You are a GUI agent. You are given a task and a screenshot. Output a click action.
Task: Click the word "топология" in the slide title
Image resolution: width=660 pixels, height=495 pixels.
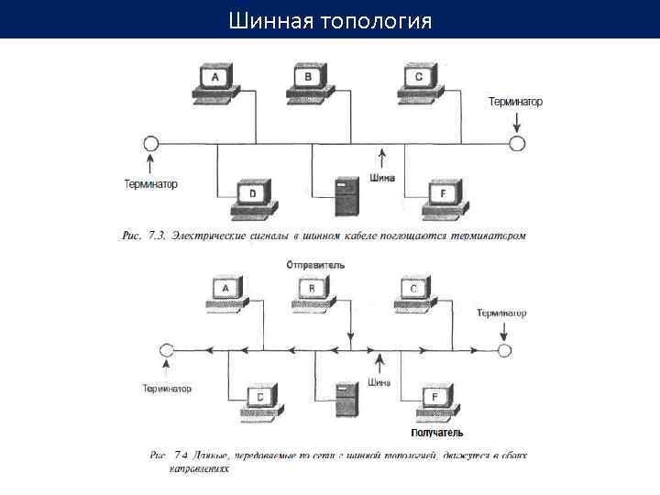click(x=376, y=19)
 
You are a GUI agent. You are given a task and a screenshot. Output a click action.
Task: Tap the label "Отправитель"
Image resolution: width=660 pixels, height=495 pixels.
click(x=316, y=264)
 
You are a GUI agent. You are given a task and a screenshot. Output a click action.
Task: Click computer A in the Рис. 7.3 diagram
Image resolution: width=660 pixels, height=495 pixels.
click(x=216, y=82)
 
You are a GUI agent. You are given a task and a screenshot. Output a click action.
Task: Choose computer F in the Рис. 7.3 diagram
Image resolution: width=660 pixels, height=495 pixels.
click(x=445, y=198)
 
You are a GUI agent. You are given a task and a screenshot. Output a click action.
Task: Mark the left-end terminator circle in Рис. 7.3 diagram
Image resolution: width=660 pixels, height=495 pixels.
click(x=151, y=144)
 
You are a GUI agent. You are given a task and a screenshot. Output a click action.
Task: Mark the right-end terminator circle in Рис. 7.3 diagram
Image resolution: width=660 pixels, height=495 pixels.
click(x=518, y=144)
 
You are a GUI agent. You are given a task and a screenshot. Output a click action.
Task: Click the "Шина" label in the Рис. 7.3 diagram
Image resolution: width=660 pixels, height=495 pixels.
click(x=382, y=178)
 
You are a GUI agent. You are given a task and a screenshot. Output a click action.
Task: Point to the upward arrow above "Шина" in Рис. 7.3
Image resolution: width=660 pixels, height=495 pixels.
click(x=381, y=158)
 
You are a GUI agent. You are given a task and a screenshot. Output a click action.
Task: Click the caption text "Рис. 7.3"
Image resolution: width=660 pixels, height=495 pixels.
click(x=140, y=236)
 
